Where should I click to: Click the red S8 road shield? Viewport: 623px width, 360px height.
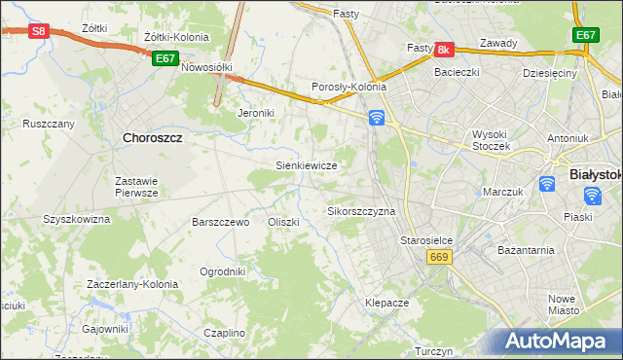38,31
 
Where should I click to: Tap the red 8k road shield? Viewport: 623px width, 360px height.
444,49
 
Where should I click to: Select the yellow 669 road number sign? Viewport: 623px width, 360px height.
437,256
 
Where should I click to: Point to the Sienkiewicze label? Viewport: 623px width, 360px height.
307,166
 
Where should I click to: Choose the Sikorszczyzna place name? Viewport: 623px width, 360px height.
361,211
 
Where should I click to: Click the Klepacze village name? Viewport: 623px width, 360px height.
386,303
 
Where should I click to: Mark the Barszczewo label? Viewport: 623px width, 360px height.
221,222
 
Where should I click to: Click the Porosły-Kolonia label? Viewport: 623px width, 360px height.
348,87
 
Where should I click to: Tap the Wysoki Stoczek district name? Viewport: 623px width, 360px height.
497,139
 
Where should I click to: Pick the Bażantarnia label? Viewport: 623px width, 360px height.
526,250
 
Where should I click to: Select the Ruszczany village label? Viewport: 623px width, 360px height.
49,124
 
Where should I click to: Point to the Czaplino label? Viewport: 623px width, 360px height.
224,333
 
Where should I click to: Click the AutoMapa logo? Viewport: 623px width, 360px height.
556,342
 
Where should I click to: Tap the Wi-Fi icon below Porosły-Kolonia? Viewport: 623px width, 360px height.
377,118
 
